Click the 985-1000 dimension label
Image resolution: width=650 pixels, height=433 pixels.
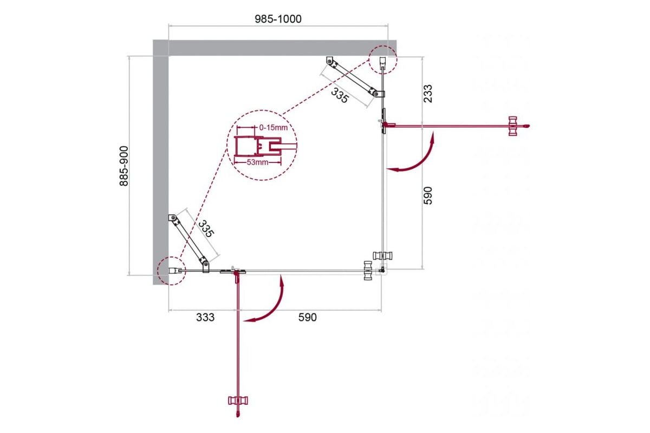click(278, 19)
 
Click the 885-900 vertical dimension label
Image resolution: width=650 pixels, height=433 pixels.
click(124, 166)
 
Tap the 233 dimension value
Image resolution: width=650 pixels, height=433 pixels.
click(428, 94)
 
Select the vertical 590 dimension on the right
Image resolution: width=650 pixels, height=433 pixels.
click(428, 195)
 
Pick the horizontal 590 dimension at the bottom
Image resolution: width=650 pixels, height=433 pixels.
click(307, 317)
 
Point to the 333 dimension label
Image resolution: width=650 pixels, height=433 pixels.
click(205, 317)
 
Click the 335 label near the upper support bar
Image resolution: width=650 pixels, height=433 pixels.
click(339, 95)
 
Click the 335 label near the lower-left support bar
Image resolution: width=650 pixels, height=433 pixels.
click(206, 229)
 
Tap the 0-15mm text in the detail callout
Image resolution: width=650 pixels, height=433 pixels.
click(274, 128)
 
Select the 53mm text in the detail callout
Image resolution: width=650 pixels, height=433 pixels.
click(257, 162)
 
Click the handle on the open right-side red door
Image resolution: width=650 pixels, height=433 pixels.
click(513, 126)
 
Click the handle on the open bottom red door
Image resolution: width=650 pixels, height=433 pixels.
click(238, 401)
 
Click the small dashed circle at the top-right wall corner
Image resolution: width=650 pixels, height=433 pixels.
click(383, 60)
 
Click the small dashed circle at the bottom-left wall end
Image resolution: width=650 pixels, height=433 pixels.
click(172, 271)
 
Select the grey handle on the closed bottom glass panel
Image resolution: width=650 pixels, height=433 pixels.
click(368, 271)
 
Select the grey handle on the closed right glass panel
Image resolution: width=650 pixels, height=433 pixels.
click(383, 256)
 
